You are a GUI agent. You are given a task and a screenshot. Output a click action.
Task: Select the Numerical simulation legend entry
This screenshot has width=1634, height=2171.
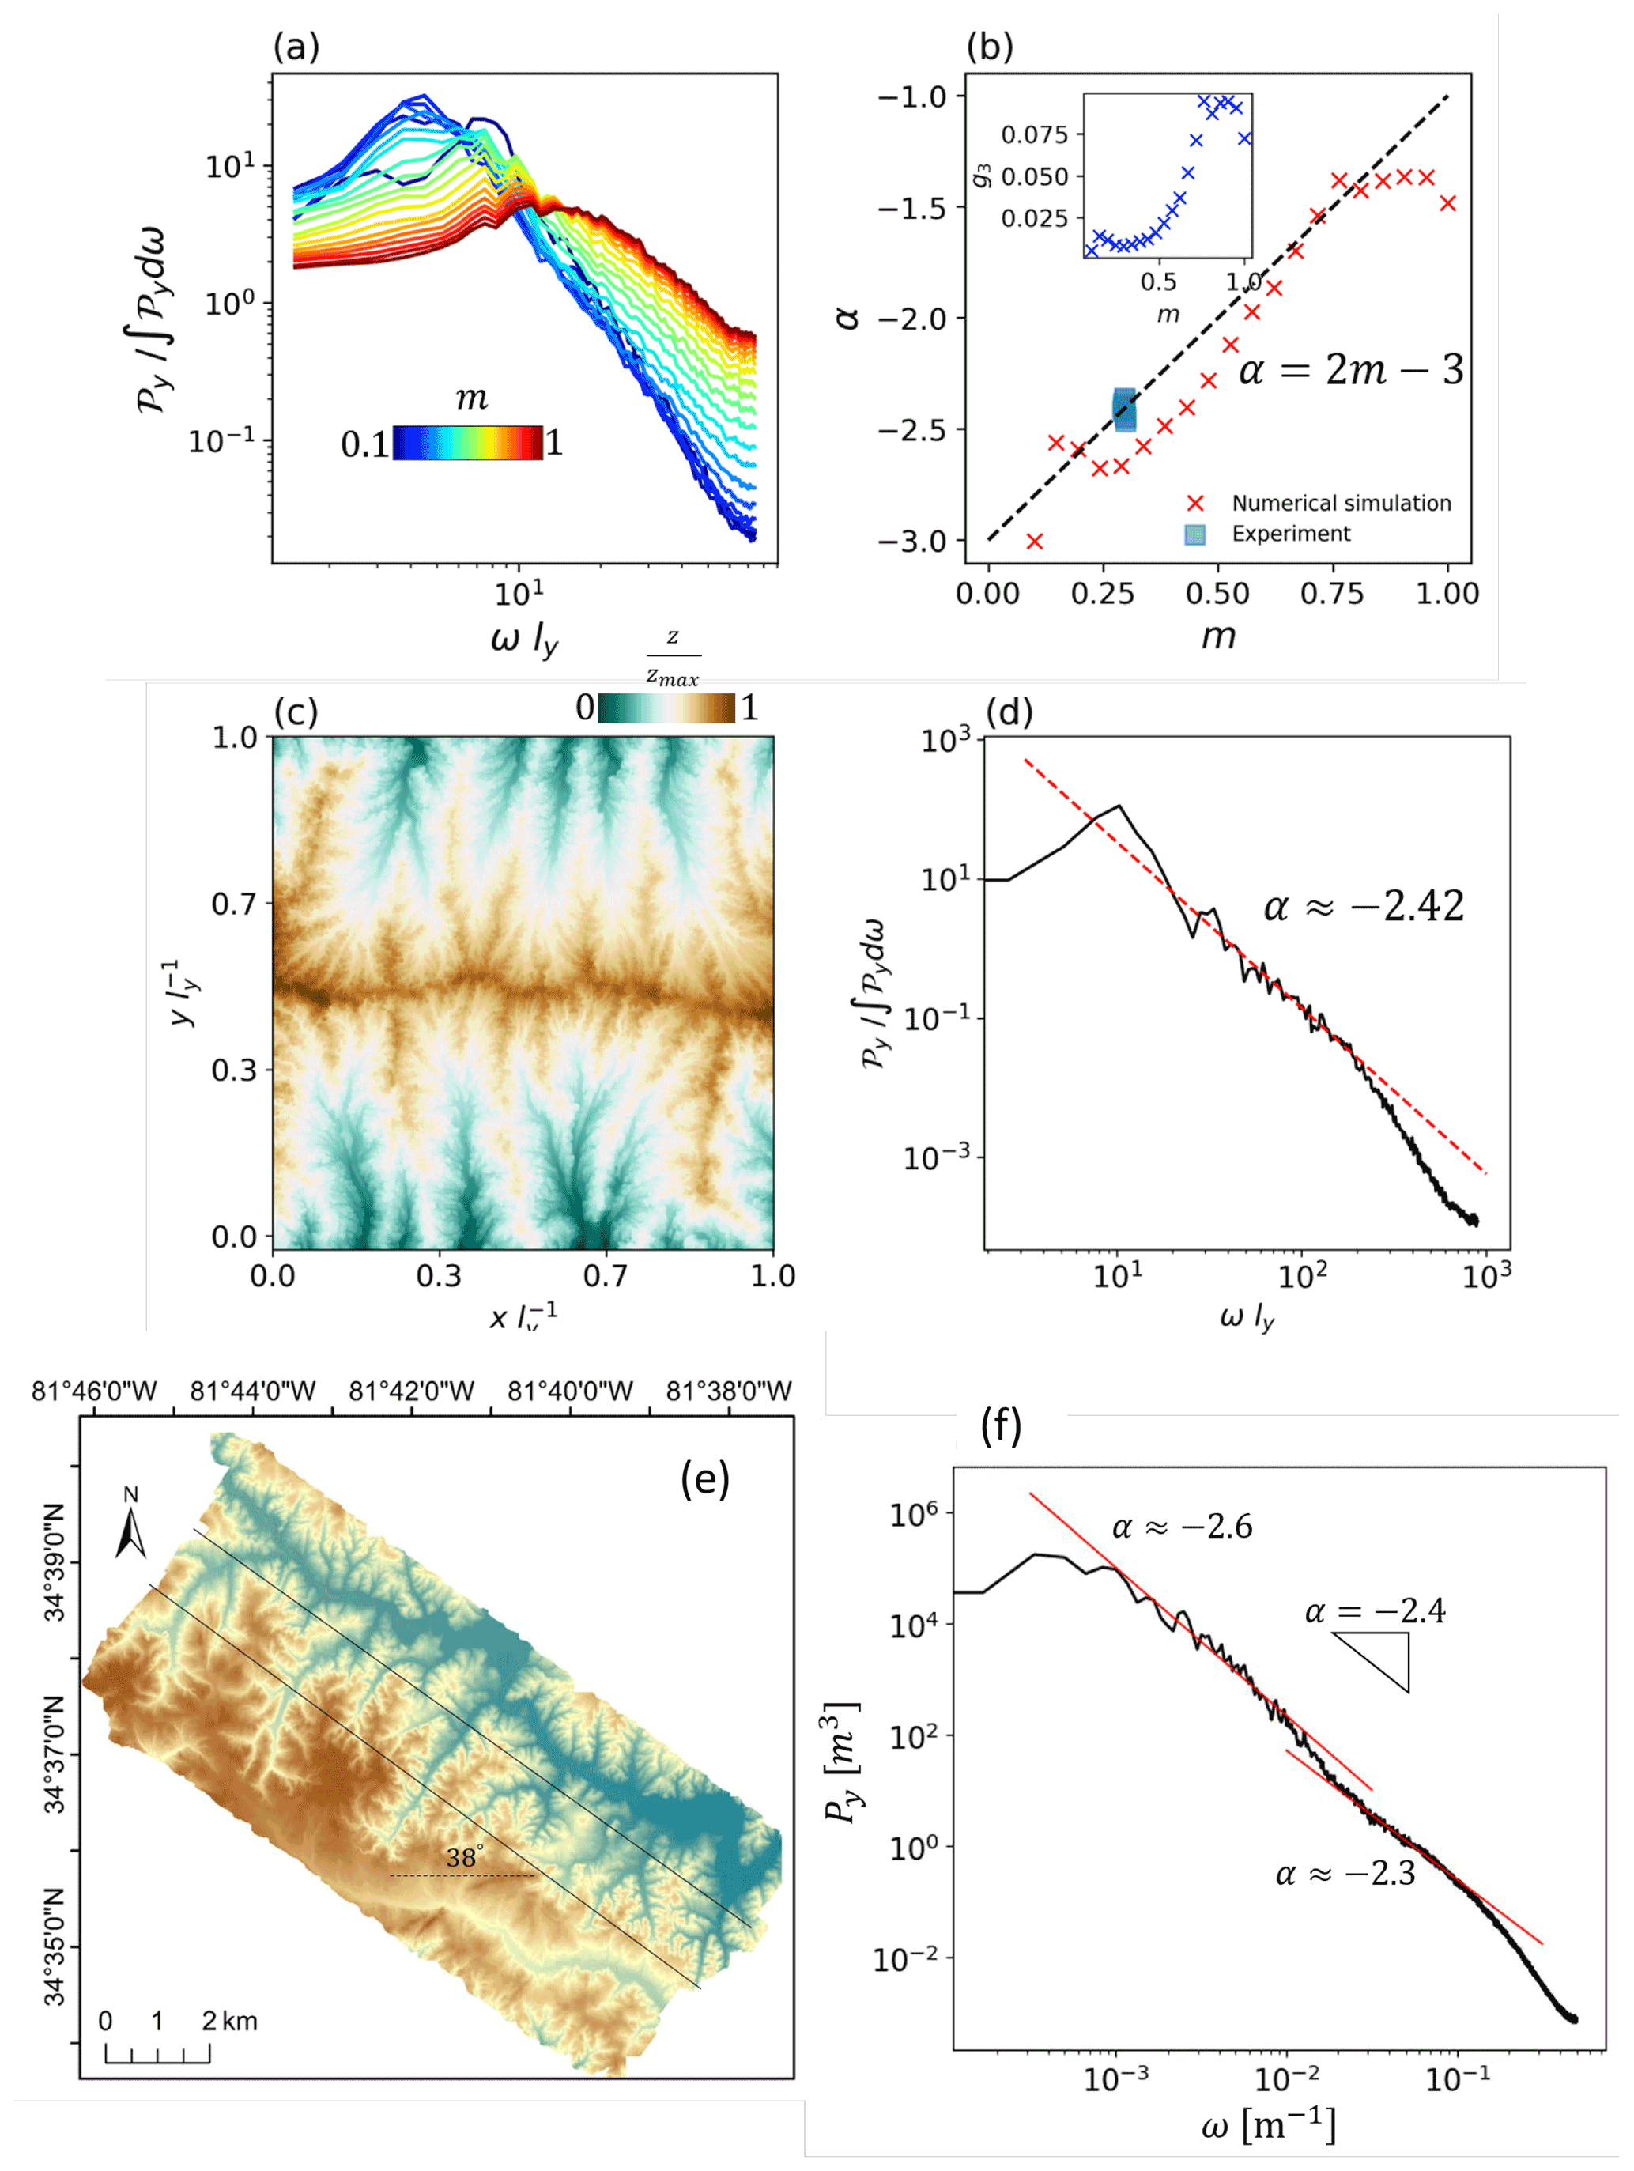1341,504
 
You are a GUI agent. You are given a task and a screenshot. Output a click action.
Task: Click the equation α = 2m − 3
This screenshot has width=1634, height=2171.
1350,371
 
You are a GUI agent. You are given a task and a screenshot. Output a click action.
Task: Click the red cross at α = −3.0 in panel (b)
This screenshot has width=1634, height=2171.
1034,541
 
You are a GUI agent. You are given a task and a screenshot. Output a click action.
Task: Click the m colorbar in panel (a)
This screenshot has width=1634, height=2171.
467,443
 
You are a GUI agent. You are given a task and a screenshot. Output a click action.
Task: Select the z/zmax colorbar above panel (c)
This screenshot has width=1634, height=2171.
666,708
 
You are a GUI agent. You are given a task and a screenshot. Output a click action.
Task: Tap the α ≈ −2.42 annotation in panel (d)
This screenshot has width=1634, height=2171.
1363,906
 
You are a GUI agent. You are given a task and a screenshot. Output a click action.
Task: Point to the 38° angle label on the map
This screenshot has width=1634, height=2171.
464,1857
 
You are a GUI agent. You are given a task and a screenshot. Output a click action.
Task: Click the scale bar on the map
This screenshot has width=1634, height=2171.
157,2052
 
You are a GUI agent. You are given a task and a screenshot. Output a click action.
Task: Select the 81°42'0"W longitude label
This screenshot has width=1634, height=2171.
411,1391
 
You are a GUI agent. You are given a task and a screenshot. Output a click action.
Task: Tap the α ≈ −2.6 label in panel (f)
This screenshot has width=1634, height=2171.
1182,1527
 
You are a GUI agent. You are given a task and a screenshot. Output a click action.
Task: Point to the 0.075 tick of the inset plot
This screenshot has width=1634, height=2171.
1033,134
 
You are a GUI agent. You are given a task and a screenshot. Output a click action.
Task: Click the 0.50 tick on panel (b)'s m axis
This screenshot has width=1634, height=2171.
1217,594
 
